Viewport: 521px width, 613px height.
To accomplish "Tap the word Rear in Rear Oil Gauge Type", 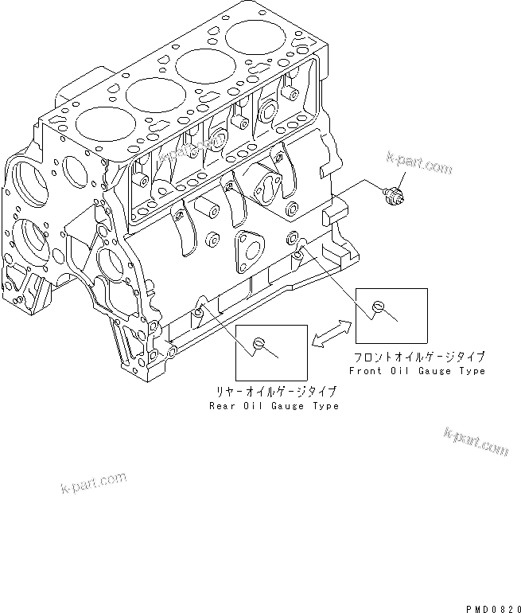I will click(x=223, y=406).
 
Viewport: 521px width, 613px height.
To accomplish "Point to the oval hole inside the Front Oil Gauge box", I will click(x=379, y=306).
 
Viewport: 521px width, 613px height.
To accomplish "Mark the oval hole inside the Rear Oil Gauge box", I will click(x=258, y=342).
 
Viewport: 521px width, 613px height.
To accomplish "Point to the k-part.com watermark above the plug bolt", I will click(x=419, y=166).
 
